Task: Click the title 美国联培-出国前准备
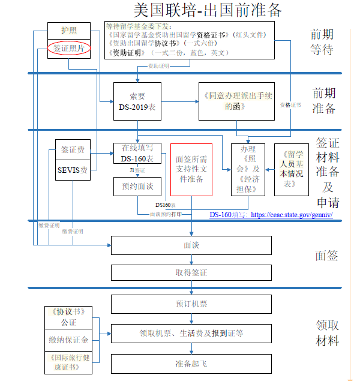pos(207,10)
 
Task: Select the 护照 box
pos(69,30)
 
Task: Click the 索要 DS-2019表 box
pos(137,101)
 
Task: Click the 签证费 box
pos(73,150)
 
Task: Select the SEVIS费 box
pos(73,170)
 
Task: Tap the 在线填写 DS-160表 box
pos(137,154)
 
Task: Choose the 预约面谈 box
pos(137,187)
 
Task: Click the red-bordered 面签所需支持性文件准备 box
pos(191,170)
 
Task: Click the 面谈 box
pos(191,245)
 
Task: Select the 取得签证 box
pos(191,273)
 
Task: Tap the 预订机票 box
pos(191,304)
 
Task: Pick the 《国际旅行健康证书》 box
pos(68,362)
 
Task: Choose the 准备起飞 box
pos(191,364)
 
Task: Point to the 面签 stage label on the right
pos(327,256)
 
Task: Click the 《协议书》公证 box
pos(68,317)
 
